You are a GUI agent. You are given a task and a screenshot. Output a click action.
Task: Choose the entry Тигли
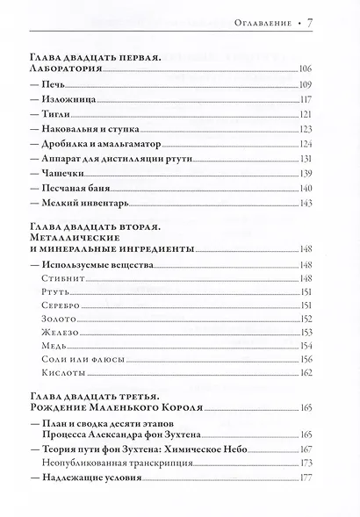click(x=47, y=115)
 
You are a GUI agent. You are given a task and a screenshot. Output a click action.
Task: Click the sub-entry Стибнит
click(x=57, y=278)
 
